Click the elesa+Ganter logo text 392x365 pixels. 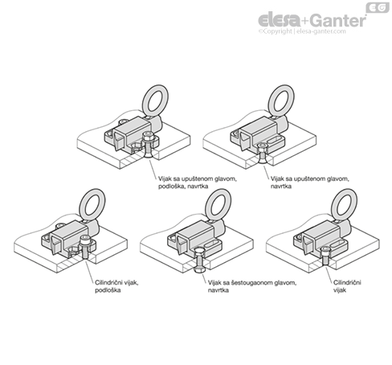[x=312, y=20]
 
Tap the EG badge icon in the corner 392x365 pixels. [x=378, y=8]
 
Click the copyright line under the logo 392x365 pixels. [x=302, y=31]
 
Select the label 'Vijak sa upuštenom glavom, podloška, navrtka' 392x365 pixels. [x=198, y=182]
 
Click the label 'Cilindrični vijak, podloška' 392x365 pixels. [x=116, y=286]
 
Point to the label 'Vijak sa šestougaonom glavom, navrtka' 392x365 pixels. [x=252, y=286]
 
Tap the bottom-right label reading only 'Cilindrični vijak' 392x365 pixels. [x=347, y=286]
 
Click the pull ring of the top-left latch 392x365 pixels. [x=155, y=100]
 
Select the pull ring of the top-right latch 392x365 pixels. [x=281, y=100]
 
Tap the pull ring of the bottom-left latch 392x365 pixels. [x=92, y=203]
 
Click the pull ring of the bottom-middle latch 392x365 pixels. [x=218, y=203]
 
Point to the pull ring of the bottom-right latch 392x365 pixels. [x=345, y=203]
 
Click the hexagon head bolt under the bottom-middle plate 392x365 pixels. [x=199, y=260]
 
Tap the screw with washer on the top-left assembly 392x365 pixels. [x=148, y=145]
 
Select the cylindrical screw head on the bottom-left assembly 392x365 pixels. [x=85, y=239]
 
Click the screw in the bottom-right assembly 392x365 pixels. [x=325, y=256]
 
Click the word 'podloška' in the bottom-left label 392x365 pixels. [x=108, y=290]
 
